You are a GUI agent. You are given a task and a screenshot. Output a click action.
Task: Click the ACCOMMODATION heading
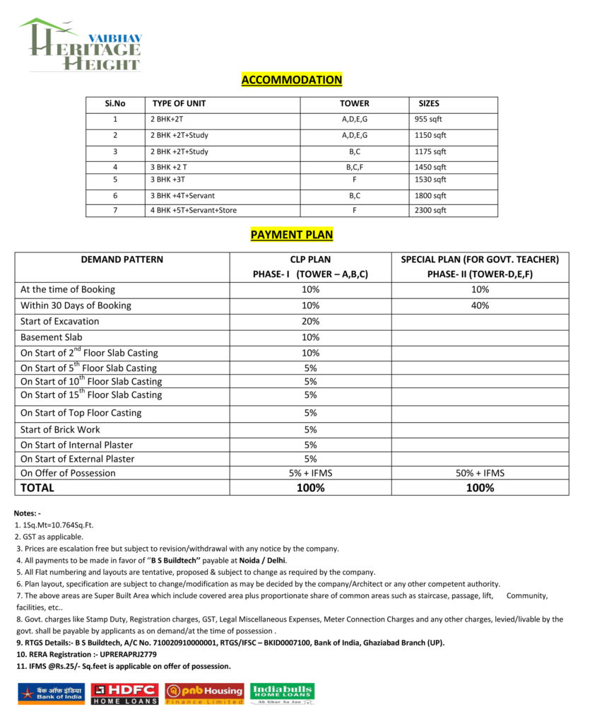[291, 80]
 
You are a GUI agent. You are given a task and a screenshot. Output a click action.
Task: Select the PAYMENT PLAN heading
[291, 235]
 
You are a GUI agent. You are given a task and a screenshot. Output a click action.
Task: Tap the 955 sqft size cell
[428, 119]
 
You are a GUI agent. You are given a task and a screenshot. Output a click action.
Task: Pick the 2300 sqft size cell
[430, 210]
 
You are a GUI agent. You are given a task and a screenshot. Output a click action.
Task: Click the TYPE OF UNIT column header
[179, 103]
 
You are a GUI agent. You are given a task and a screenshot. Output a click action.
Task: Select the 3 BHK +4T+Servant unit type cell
[182, 195]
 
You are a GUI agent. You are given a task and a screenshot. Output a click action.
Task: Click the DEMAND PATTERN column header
[122, 259]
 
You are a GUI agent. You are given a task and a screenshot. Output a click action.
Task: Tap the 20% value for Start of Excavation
[310, 321]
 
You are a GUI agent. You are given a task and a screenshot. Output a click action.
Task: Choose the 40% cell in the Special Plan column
[480, 305]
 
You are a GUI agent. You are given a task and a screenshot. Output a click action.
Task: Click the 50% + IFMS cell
[480, 473]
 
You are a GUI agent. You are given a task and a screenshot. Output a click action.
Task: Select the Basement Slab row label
[52, 337]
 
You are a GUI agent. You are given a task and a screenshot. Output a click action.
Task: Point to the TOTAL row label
[37, 488]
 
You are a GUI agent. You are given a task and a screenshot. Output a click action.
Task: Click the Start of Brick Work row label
[60, 429]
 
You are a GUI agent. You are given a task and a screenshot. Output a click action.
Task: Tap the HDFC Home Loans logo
[124, 693]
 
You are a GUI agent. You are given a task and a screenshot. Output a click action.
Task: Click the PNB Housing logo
[204, 693]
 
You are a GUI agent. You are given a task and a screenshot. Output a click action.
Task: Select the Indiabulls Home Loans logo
[283, 693]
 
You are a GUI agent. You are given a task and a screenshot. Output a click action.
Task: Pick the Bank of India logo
[51, 694]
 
